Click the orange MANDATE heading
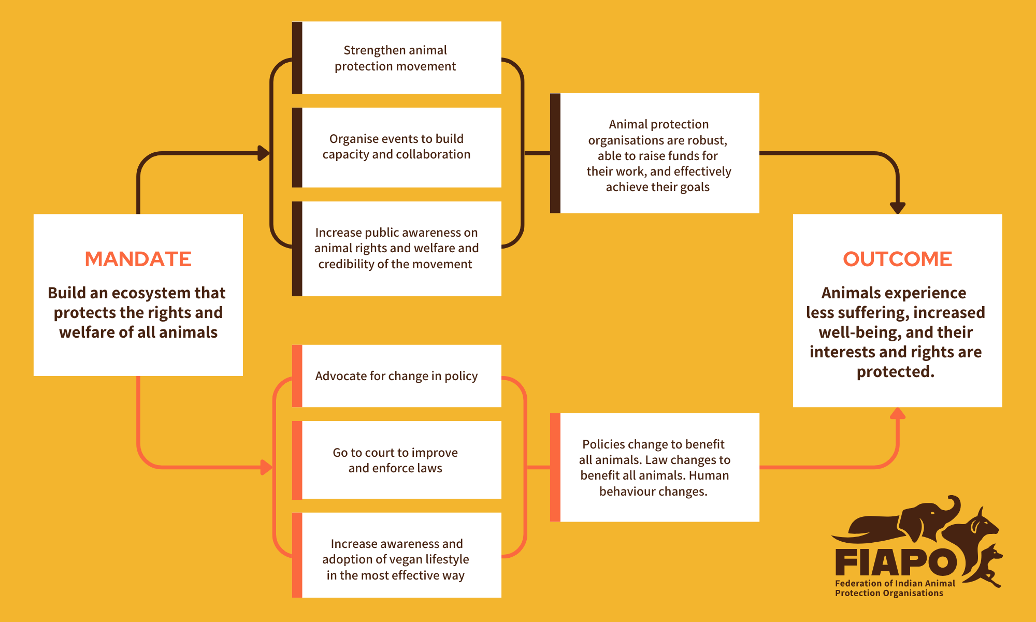(x=138, y=259)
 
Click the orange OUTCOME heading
(x=897, y=259)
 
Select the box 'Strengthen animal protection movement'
(x=397, y=57)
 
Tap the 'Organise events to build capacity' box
(x=397, y=147)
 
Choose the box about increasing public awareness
(x=397, y=249)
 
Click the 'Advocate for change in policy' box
(x=397, y=376)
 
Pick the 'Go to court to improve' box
(x=397, y=460)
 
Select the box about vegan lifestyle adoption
(x=397, y=555)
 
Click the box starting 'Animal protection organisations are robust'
(x=655, y=153)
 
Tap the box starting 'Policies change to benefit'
(x=655, y=467)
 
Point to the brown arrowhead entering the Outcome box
(x=898, y=208)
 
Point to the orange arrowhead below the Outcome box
(x=898, y=413)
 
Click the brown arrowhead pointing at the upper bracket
(x=264, y=153)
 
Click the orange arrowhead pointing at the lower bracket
(x=266, y=467)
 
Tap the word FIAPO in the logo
(x=896, y=562)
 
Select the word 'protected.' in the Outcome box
(x=896, y=372)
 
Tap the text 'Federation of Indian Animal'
(x=895, y=583)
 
